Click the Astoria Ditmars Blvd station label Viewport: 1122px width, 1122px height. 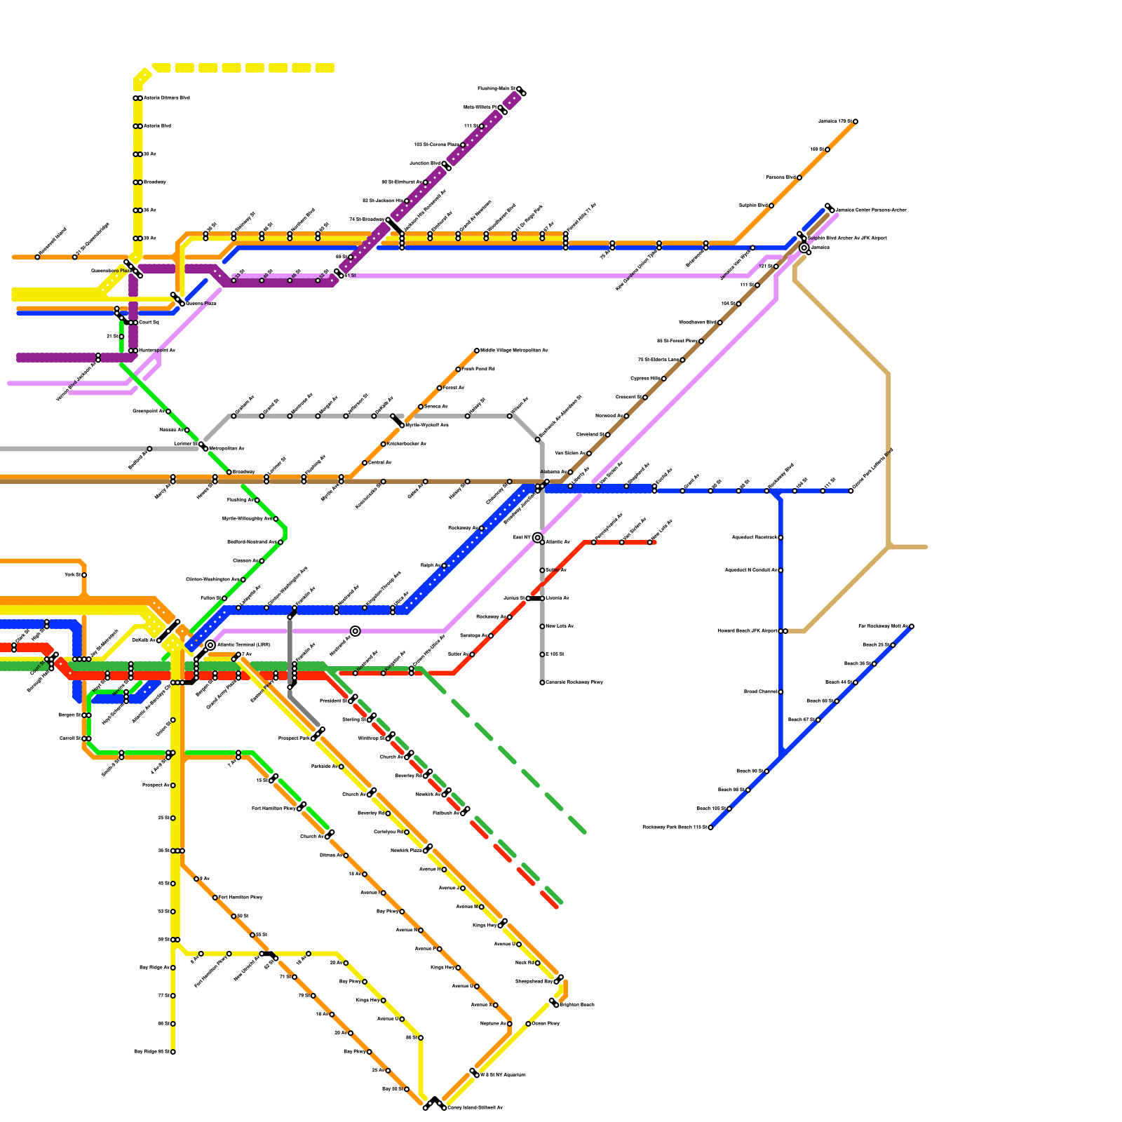tap(166, 98)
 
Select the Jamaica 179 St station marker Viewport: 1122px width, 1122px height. tap(856, 122)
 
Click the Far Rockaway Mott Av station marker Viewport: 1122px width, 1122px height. tap(912, 626)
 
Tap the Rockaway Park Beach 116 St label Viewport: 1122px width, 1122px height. tap(674, 827)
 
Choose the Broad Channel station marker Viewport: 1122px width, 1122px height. tap(780, 692)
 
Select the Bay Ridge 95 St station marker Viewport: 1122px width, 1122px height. tap(173, 1052)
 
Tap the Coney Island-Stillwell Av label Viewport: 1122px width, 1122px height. tap(475, 1108)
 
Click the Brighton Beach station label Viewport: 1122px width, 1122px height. tap(576, 1005)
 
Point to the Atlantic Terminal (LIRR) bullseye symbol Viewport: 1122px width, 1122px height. tap(210, 645)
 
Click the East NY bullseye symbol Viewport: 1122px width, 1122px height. tap(538, 538)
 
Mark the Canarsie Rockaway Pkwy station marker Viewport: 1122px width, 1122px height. tap(542, 682)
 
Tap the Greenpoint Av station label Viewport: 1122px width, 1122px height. tap(148, 412)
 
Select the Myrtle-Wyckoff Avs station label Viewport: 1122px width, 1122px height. tap(427, 425)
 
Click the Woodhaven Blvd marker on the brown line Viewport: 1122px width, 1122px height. tap(720, 323)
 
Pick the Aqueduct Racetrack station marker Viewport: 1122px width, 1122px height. tap(780, 538)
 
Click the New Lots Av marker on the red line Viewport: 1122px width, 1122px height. tap(650, 542)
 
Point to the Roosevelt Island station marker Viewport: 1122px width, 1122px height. tap(37, 257)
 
